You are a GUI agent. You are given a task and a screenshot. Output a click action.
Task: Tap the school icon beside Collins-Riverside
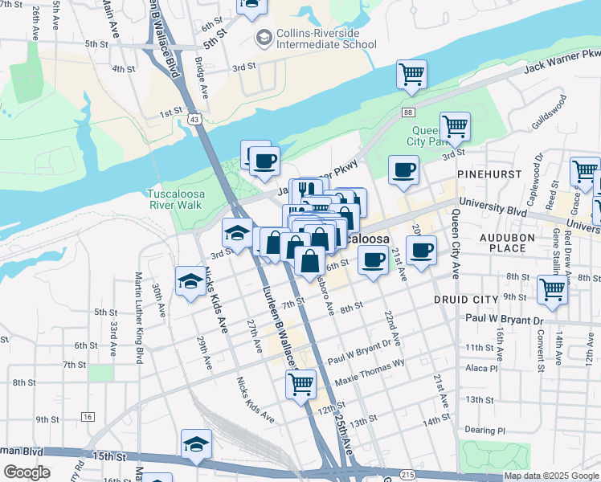tap(264, 38)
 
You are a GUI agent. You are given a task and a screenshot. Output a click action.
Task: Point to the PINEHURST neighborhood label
tap(484, 174)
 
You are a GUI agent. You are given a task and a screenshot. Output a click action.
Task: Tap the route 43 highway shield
tap(194, 119)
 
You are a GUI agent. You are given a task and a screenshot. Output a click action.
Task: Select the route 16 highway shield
tap(88, 416)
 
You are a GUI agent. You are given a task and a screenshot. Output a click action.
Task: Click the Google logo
tap(27, 472)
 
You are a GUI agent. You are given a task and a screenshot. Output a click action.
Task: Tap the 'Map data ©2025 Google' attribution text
tap(551, 476)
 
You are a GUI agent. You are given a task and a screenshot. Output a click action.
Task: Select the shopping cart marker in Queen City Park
tap(455, 125)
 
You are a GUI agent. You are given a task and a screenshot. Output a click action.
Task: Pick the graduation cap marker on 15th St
tap(197, 443)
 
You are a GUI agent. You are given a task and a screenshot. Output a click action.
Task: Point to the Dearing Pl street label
tap(489, 431)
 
